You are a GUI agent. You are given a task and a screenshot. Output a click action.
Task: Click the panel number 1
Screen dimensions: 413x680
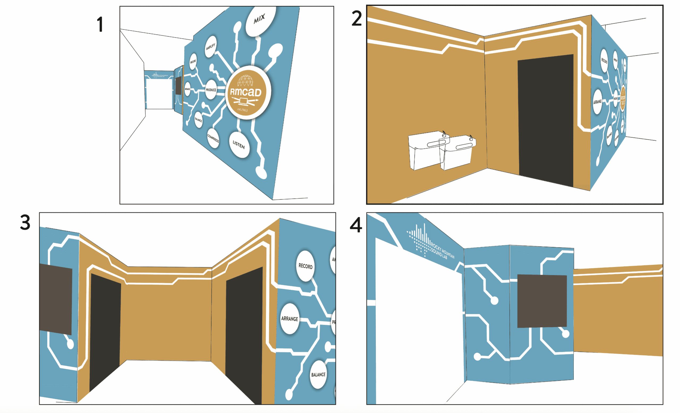coord(100,24)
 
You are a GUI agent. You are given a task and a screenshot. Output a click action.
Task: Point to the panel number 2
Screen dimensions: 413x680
coord(356,19)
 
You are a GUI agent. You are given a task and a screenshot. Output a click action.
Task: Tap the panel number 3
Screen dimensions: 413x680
coord(25,223)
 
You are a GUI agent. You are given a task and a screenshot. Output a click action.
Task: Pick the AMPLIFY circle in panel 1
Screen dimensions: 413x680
coord(211,47)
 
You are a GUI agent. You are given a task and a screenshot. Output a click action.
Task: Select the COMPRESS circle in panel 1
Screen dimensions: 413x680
coord(213,138)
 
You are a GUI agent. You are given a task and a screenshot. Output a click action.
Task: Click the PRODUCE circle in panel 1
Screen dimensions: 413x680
coord(211,90)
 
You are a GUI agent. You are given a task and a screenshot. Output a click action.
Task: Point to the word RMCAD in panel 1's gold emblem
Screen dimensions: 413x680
coord(246,92)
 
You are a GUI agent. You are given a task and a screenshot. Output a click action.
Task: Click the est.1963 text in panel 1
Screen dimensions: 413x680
coord(243,110)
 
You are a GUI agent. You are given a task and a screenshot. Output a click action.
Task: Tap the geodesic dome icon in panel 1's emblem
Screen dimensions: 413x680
coord(245,80)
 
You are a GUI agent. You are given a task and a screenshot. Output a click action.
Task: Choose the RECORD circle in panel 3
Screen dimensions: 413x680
coord(305,266)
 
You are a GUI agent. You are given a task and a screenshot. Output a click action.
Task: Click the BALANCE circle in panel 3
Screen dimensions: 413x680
coord(318,375)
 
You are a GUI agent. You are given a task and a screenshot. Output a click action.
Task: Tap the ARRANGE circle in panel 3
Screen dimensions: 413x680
coord(290,319)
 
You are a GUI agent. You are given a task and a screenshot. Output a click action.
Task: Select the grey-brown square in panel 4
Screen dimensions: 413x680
coord(542,301)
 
